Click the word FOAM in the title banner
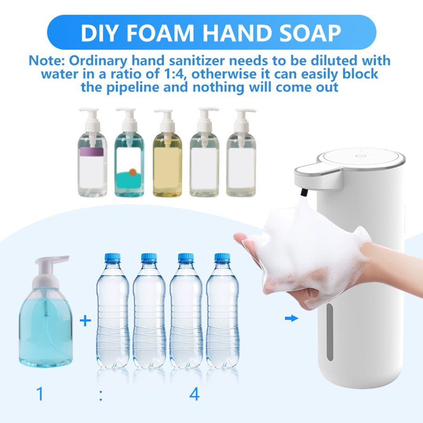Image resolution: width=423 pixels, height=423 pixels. point(160,33)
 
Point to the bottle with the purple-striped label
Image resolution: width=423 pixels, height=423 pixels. point(92,152)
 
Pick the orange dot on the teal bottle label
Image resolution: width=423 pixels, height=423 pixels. point(133,172)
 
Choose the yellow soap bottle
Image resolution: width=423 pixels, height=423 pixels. point(167,153)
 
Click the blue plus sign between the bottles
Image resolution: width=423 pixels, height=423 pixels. point(85,321)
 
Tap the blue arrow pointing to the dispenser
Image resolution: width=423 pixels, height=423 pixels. point(291,318)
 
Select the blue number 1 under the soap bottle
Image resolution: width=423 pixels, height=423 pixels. point(40,394)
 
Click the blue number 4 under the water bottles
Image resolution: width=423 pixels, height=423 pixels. point(195,394)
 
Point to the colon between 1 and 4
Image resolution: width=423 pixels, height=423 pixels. point(101,396)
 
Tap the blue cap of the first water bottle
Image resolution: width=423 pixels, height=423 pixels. point(112,258)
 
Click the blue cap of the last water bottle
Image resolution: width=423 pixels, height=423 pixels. point(222,258)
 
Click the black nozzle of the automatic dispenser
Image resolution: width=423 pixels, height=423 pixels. point(304,193)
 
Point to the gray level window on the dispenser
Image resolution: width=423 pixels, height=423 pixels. point(330,332)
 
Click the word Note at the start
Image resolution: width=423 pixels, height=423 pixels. point(47,61)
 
